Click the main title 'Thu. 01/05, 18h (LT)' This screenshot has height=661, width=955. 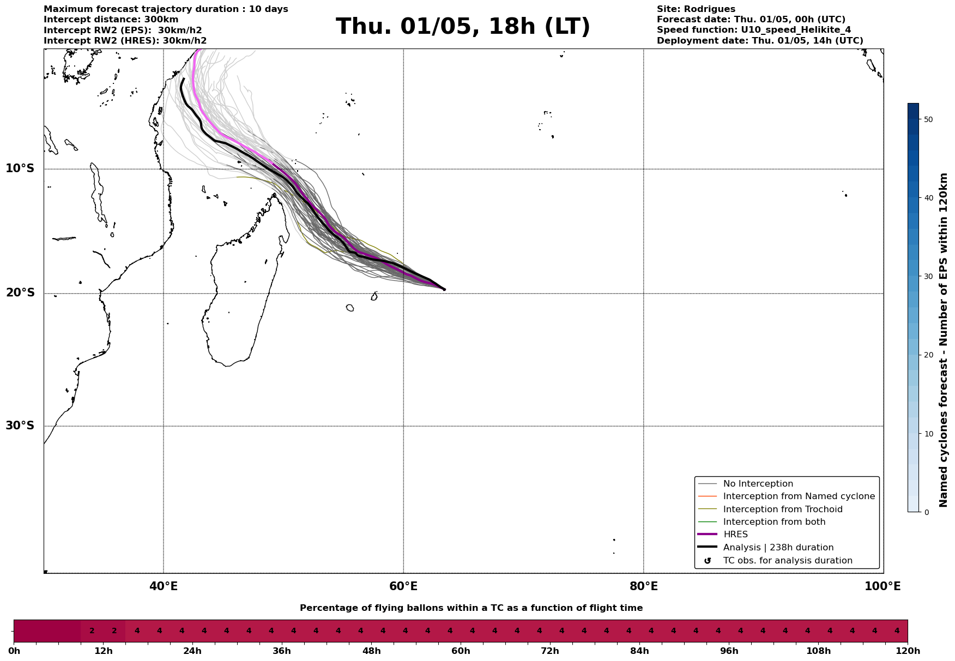click(x=463, y=27)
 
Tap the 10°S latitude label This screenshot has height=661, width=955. click(x=20, y=168)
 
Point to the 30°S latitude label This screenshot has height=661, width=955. click(x=20, y=426)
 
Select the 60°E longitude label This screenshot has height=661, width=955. click(x=403, y=587)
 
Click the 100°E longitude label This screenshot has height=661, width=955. click(x=883, y=587)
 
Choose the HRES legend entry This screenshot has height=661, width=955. click(x=735, y=535)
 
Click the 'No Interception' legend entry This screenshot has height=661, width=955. click(x=758, y=484)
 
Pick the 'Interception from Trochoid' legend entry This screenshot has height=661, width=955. click(x=782, y=510)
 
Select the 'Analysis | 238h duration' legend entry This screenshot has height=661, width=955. click(x=778, y=548)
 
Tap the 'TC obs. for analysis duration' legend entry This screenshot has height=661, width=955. click(x=787, y=561)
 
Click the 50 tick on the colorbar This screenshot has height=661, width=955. click(x=928, y=119)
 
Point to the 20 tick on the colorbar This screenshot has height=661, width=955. click(x=928, y=355)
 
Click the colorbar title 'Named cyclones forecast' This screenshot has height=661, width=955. click(x=944, y=340)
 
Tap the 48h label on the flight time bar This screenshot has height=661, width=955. click(x=371, y=651)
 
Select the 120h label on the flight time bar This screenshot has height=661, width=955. click(x=908, y=651)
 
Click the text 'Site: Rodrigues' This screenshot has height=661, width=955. click(x=696, y=9)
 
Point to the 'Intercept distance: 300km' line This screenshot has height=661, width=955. click(x=111, y=20)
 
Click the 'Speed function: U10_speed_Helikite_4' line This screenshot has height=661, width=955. click(x=753, y=30)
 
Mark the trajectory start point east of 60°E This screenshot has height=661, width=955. click(x=444, y=289)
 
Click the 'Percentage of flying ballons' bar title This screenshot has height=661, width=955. click(x=471, y=608)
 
